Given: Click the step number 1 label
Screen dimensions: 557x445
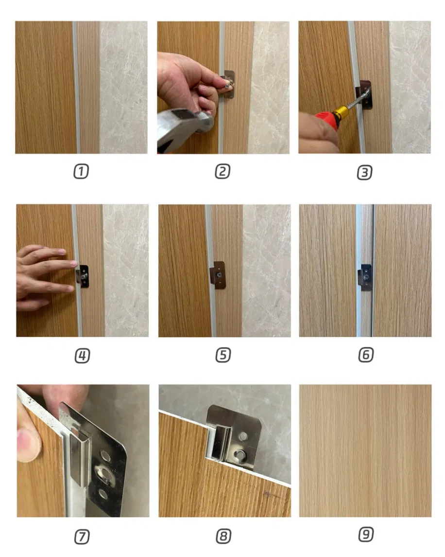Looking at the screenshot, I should [x=81, y=171].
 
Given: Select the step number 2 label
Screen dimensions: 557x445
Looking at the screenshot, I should [x=222, y=171].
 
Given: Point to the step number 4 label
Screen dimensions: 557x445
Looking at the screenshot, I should [x=82, y=356].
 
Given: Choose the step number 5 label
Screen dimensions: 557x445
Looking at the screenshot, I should [x=222, y=356].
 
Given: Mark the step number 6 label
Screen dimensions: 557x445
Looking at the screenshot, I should [x=365, y=356].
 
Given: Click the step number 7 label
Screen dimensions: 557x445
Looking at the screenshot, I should [x=82, y=537].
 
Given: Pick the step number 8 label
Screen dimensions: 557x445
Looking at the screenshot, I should [x=223, y=537].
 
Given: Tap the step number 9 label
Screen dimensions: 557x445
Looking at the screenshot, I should [x=365, y=535].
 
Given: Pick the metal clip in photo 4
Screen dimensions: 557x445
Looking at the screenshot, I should [x=83, y=276].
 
